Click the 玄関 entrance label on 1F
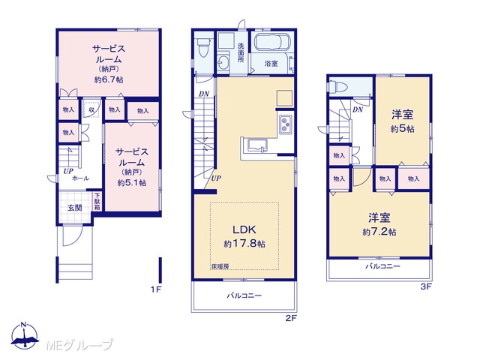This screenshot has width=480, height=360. point(75,208)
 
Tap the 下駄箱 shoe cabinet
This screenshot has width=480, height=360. point(97,201)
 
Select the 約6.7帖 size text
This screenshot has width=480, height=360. point(109,80)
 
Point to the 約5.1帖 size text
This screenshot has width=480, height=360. point(132,183)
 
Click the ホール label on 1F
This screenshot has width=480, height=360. point(80,178)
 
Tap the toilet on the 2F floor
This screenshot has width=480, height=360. point(203,47)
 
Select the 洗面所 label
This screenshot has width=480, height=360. point(241,52)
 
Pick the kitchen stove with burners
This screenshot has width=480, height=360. point(285,124)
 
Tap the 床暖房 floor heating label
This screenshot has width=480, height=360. point(220,267)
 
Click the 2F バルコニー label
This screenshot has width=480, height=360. point(244,295)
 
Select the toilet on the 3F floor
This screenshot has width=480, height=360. point(338,87)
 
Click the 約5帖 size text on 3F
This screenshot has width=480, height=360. point(402,129)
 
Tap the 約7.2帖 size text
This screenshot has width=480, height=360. point(379,232)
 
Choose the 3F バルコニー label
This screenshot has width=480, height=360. point(382,266)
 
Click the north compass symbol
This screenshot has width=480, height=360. point(25,336)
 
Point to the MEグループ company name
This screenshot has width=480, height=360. point(80,345)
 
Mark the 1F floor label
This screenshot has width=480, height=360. point(156,289)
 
